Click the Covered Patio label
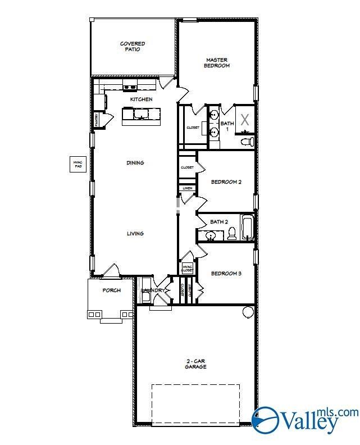click(x=133, y=46)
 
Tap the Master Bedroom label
click(x=217, y=62)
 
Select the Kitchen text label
click(x=141, y=99)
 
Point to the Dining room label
click(x=135, y=163)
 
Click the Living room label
click(x=135, y=234)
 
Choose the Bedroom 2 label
click(x=226, y=182)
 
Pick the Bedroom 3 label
click(x=226, y=274)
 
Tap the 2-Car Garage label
click(x=196, y=364)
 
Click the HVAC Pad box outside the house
click(x=78, y=164)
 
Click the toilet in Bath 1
click(x=248, y=141)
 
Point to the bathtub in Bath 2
click(x=248, y=228)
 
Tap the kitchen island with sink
click(x=141, y=115)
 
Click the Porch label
click(x=111, y=290)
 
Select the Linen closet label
click(x=187, y=188)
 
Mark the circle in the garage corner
click(x=248, y=312)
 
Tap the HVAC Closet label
click(x=187, y=268)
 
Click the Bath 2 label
click(x=219, y=222)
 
